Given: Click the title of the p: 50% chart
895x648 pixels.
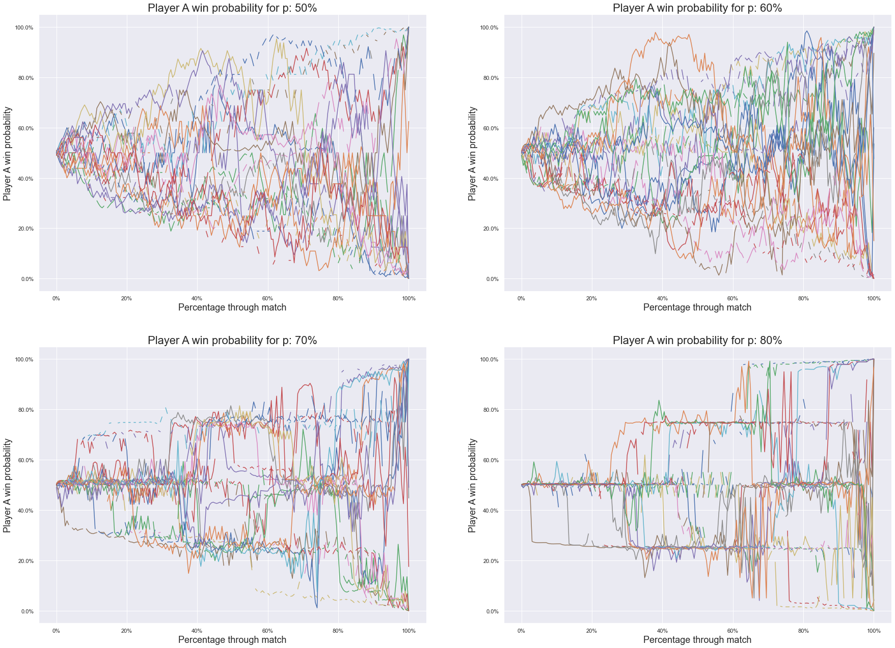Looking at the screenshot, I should coord(232,8).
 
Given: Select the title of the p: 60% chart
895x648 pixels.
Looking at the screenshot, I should coord(697,8).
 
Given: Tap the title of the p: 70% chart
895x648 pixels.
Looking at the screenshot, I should coord(232,341).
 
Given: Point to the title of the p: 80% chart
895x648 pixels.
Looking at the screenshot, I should coord(697,341).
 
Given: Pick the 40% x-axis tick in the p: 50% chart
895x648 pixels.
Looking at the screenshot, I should coord(197,299).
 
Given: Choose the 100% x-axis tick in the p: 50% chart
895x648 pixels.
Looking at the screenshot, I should coord(409,299).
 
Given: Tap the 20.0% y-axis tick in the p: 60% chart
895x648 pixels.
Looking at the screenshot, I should coord(490,229).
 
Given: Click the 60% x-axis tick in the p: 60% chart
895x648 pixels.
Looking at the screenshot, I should coord(733,299).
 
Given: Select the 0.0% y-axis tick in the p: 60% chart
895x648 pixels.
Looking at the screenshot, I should coord(492,279).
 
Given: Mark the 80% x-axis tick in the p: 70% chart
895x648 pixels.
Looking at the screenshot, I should coord(338,631).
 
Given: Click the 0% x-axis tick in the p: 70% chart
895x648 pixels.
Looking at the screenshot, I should coord(56,631).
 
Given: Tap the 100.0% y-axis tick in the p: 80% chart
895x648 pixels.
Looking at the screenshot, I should coord(489,360).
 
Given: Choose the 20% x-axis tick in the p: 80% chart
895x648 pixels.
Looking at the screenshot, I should coord(591,631).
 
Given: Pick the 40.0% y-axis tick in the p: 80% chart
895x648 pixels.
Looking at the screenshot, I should coord(490,511).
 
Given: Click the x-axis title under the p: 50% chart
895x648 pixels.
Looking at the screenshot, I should coord(232,307).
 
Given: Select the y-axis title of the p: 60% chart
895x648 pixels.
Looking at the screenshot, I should coord(473,153).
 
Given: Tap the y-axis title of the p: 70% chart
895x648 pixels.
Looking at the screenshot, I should coord(8,486).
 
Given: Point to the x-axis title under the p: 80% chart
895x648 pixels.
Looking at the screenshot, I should coord(697,640).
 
